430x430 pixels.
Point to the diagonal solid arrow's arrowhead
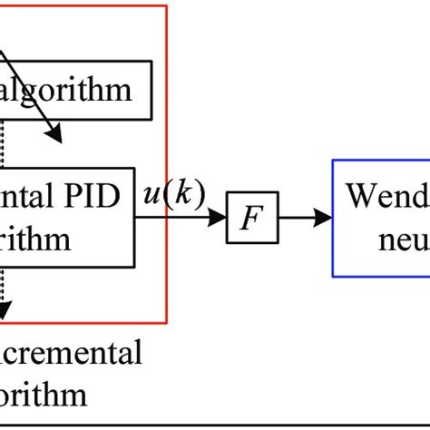tap(54, 135)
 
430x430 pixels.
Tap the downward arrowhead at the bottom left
tap(5, 312)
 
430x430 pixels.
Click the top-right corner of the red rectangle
tap(167, 5)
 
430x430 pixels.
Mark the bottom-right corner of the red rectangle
tap(167, 322)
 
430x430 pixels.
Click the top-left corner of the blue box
tap(333, 161)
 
